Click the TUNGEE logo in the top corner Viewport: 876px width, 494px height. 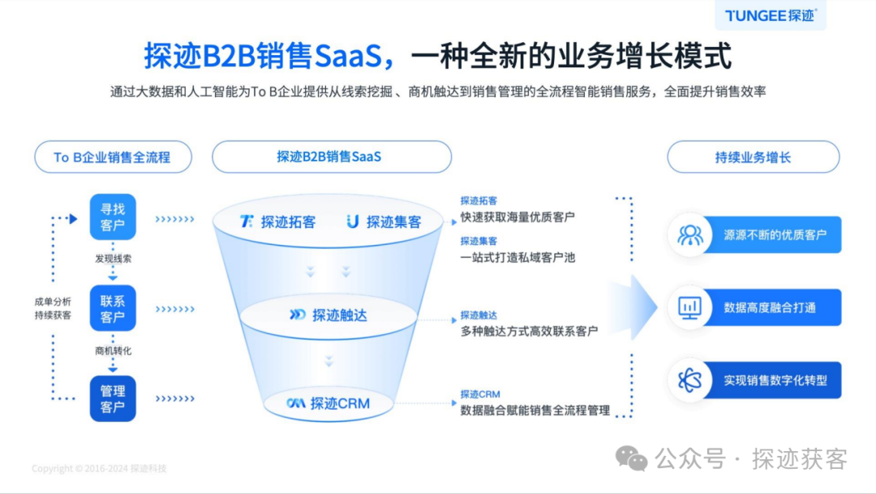pyautogui.click(x=771, y=15)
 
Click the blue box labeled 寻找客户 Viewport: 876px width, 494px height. pyautogui.click(x=113, y=217)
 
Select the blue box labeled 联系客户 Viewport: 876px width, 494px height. pyautogui.click(x=113, y=308)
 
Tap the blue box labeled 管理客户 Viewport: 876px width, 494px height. pyautogui.click(x=113, y=398)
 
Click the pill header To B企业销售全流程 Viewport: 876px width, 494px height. pyautogui.click(x=113, y=157)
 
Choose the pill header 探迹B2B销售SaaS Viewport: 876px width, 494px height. pyautogui.click(x=331, y=157)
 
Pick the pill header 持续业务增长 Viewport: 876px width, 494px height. pyautogui.click(x=753, y=157)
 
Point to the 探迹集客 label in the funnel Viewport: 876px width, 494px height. pyautogui.click(x=384, y=221)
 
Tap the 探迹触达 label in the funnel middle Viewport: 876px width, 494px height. pyautogui.click(x=330, y=315)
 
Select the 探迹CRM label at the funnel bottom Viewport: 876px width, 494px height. pyautogui.click(x=330, y=402)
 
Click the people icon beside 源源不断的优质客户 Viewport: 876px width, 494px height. pyautogui.click(x=690, y=235)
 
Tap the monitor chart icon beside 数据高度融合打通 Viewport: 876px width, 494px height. pyautogui.click(x=690, y=307)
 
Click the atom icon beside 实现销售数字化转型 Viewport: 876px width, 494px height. pyautogui.click(x=690, y=380)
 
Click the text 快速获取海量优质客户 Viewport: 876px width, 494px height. pyautogui.click(x=517, y=217)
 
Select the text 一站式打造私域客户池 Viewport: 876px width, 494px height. pyautogui.click(x=517, y=257)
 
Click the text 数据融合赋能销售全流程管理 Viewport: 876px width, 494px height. pyautogui.click(x=535, y=410)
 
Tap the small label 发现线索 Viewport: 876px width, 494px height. pyautogui.click(x=113, y=260)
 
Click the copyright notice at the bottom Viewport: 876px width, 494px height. pyautogui.click(x=99, y=469)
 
